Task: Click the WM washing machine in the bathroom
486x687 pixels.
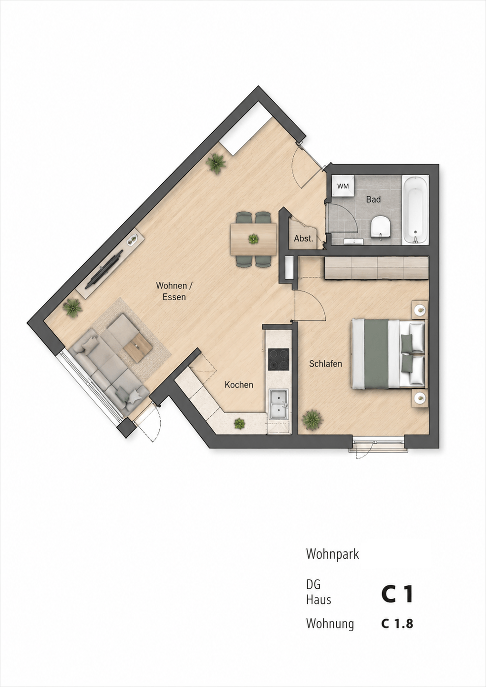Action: [x=343, y=186]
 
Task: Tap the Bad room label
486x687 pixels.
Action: [x=373, y=199]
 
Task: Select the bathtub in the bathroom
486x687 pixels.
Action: [x=415, y=210]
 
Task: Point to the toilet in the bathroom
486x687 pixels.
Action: [x=381, y=227]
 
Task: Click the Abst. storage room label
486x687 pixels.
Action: [x=303, y=239]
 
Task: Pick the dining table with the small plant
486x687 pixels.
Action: [x=254, y=239]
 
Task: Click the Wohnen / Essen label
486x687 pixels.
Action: [x=174, y=291]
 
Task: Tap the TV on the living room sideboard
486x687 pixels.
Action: [x=104, y=269]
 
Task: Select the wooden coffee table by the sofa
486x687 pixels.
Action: [x=138, y=347]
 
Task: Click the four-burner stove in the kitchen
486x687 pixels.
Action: [x=279, y=359]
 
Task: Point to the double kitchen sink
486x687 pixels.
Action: [x=279, y=404]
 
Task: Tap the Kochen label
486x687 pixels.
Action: [x=239, y=385]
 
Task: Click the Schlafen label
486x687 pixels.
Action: [x=325, y=364]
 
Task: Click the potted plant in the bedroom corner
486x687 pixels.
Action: [x=312, y=420]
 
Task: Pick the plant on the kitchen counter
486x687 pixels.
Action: [x=239, y=424]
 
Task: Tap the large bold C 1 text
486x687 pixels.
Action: [x=397, y=594]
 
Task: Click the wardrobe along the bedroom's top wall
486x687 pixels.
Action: [x=376, y=268]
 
